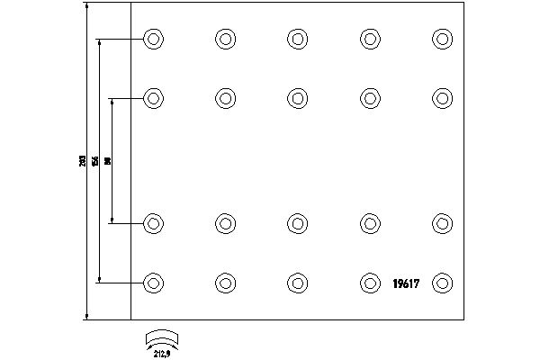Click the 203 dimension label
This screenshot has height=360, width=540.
coord(83,161)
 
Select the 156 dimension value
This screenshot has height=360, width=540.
coord(95,161)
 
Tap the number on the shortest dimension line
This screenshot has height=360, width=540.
coord(108,161)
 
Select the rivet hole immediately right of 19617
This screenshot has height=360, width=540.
coord(442,283)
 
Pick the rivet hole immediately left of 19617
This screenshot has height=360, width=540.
coord(370,283)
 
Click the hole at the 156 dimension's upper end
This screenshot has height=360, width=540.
coord(154,39)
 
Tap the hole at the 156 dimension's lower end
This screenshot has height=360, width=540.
coord(154,283)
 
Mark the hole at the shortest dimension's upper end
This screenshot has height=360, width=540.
coord(154,98)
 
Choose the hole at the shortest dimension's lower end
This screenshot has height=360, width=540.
coord(154,222)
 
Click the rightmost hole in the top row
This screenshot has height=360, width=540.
coord(442,39)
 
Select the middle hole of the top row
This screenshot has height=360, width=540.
coord(298,39)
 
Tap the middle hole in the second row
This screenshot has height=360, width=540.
coord(298,98)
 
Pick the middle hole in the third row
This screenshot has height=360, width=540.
coord(298,222)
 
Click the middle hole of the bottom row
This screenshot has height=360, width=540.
coord(298,283)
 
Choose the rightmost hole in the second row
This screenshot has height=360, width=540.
coord(442,98)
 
